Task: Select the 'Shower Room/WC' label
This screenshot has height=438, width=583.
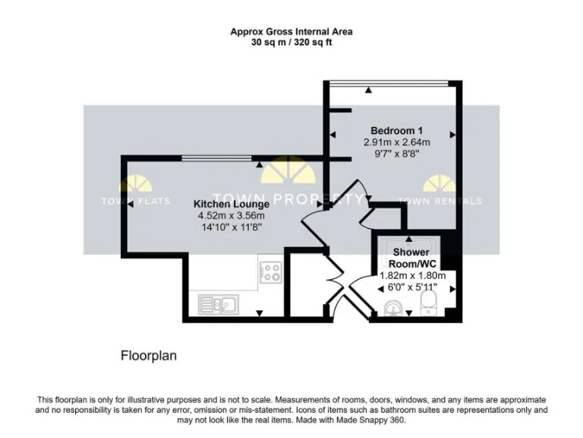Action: click(x=411, y=258)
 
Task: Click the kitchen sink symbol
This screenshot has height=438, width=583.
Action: click(x=219, y=305)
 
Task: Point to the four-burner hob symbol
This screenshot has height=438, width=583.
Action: click(x=270, y=272)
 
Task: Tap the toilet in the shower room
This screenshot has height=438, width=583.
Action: click(x=427, y=306)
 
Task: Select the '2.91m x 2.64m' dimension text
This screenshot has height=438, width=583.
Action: click(x=397, y=142)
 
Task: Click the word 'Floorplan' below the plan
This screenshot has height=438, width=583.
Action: click(x=149, y=355)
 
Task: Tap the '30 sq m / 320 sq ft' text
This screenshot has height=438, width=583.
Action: click(x=291, y=43)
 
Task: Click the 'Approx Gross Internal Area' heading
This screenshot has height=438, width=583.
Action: click(x=291, y=32)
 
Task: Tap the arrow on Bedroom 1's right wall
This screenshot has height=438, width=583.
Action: click(x=452, y=135)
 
